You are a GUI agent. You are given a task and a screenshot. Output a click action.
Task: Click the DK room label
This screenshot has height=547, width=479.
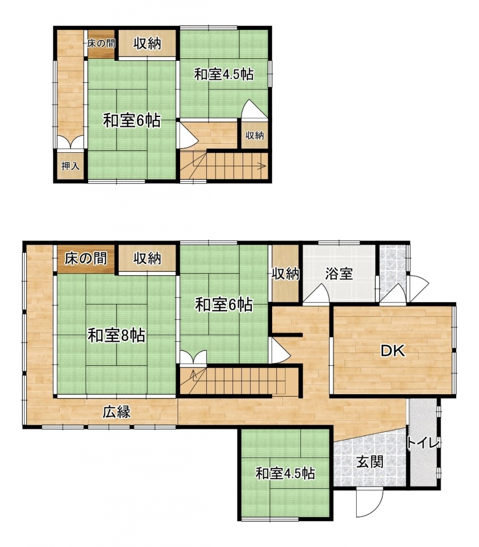[393, 350]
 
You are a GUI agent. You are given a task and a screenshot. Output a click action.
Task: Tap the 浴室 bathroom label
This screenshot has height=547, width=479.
[339, 274]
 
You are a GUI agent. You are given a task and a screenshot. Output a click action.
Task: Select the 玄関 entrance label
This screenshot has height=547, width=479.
[370, 462]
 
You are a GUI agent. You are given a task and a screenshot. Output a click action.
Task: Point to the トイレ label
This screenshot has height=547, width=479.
[422, 443]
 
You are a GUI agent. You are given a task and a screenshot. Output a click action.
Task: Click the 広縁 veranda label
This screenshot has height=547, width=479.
[117, 412]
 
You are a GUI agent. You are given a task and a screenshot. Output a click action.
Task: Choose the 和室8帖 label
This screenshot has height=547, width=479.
[116, 335]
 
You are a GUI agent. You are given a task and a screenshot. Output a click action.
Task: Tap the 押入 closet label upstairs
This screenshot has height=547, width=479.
[70, 166]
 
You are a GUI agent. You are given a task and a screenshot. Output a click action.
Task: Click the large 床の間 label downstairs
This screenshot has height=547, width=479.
[86, 259]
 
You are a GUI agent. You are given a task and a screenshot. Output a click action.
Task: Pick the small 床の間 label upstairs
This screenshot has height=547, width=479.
[101, 43]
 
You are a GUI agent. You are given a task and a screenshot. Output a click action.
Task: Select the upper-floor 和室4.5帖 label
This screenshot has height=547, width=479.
[224, 74]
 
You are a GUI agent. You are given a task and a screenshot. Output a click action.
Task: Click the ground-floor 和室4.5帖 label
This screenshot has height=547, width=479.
[285, 474]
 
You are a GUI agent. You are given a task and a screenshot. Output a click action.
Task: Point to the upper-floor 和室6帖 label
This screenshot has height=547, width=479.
[132, 121]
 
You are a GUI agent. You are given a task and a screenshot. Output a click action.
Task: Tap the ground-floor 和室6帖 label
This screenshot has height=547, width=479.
[224, 305]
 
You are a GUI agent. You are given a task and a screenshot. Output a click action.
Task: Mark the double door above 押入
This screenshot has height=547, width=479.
[71, 142]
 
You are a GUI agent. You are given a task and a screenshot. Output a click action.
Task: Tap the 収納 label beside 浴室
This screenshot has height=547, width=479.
[285, 274]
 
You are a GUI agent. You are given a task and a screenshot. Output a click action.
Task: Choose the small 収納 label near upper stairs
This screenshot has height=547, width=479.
[254, 135]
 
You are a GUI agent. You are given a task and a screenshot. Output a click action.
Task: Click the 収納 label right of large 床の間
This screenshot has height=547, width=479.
[147, 259]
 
